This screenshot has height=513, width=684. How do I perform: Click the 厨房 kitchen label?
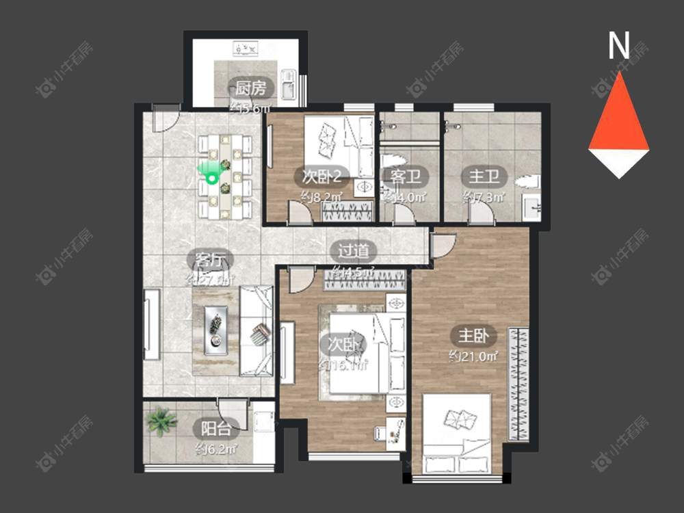(x=250, y=88)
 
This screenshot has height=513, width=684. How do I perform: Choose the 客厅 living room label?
(x=210, y=260)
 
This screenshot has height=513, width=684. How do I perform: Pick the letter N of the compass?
(x=619, y=47)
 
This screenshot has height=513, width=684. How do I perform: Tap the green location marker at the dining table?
(x=212, y=176)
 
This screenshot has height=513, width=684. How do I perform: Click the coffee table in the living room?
(x=216, y=328)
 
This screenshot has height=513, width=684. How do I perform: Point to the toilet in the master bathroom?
(x=528, y=182)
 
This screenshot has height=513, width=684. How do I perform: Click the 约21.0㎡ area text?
(x=473, y=356)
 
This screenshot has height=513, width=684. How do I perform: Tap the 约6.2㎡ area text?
(x=215, y=449)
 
